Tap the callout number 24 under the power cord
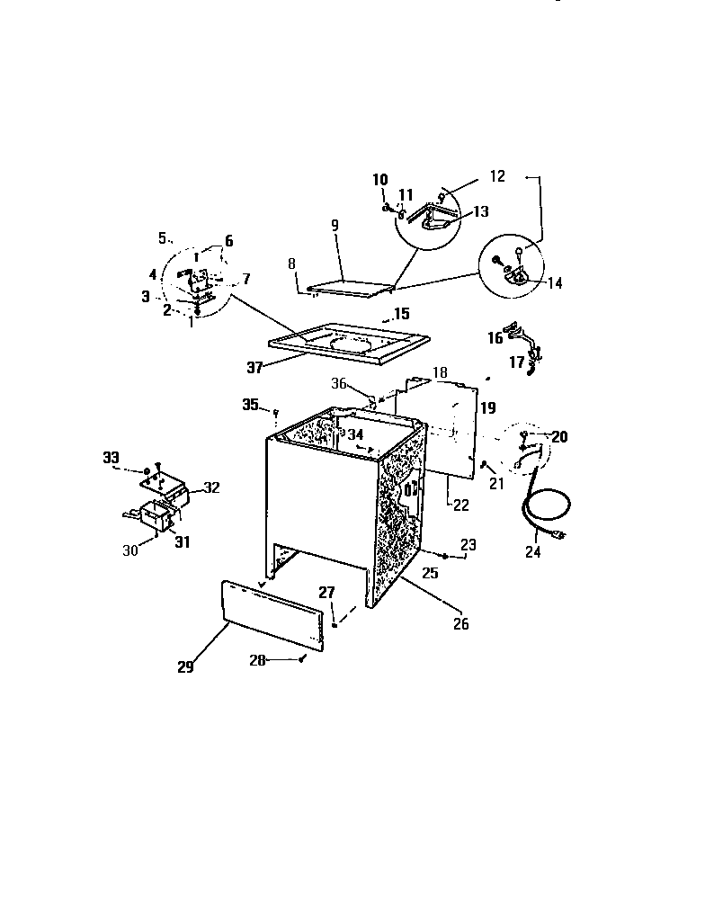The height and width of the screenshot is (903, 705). point(533,552)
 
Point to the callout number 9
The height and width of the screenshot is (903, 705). point(335,227)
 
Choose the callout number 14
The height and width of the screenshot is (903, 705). point(555,282)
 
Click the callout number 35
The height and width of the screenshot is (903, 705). point(250,405)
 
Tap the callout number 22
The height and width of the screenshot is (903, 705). point(460,505)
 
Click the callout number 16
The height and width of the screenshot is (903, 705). point(495,339)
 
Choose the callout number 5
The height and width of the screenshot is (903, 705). point(163,238)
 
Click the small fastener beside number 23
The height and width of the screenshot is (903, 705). point(445,557)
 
